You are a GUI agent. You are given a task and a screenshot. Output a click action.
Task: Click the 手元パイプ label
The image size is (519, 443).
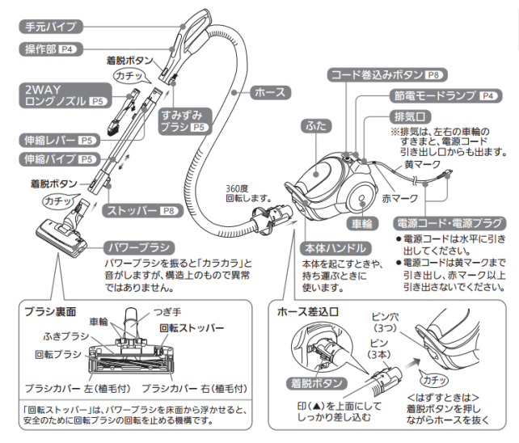coord(50,27)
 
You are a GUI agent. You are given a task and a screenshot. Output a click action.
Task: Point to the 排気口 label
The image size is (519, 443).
coord(405,116)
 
